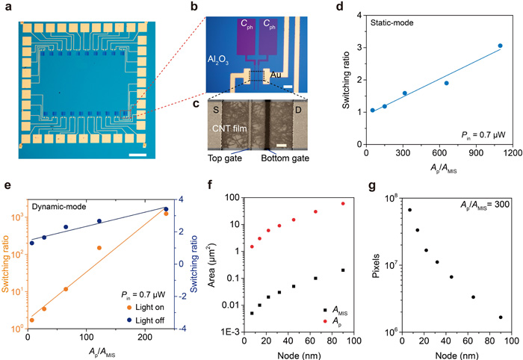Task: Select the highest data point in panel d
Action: click(500, 46)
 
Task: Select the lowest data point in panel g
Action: click(500, 317)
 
